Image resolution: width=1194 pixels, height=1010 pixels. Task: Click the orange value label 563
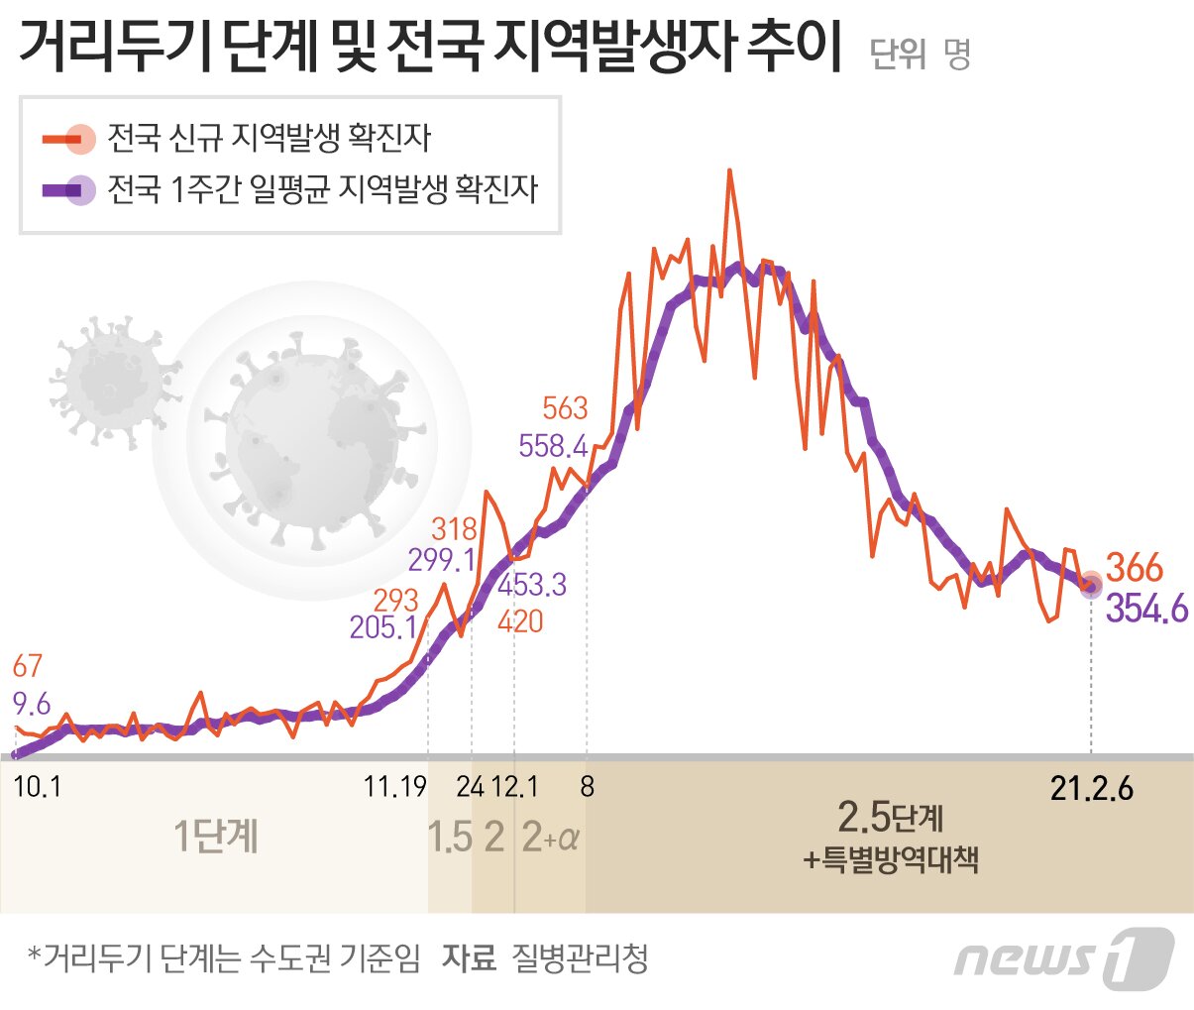pyautogui.click(x=565, y=408)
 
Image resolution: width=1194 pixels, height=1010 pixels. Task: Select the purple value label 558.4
pyautogui.click(x=553, y=446)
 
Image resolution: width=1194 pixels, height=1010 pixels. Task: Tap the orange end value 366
pyautogui.click(x=1134, y=568)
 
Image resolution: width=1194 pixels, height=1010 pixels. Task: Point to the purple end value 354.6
pyautogui.click(x=1146, y=609)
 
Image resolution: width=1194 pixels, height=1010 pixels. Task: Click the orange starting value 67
pyautogui.click(x=27, y=666)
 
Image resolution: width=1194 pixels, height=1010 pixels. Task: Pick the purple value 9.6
pyautogui.click(x=31, y=705)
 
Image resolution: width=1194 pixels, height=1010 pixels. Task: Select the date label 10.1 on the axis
pyautogui.click(x=38, y=787)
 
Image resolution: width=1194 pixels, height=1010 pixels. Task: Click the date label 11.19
pyautogui.click(x=394, y=787)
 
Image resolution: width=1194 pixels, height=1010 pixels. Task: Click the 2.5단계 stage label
pyautogui.click(x=890, y=818)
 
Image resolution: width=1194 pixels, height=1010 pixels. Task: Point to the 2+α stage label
pyautogui.click(x=550, y=839)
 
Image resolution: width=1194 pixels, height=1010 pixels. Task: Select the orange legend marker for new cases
pyautogui.click(x=69, y=139)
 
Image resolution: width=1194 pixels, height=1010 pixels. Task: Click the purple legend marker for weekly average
pyautogui.click(x=69, y=189)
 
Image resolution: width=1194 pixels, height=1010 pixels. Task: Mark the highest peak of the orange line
pyautogui.click(x=729, y=171)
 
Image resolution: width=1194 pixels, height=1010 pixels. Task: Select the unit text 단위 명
pyautogui.click(x=920, y=54)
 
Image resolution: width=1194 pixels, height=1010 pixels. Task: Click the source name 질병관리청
pyautogui.click(x=580, y=957)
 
